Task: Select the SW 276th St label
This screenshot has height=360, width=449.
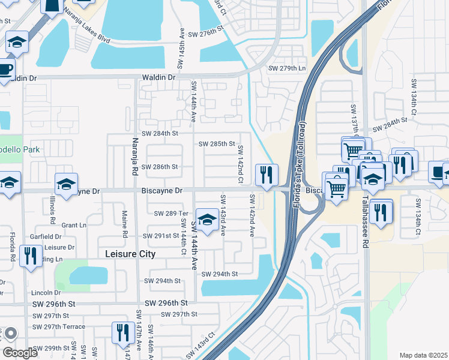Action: point(201,35)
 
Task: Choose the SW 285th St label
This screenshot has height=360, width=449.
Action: point(217,144)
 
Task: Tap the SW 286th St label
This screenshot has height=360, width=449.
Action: point(159,167)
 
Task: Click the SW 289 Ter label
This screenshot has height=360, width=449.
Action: point(171,214)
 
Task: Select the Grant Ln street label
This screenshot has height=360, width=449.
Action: point(74,226)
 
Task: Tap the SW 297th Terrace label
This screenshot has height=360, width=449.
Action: point(60,327)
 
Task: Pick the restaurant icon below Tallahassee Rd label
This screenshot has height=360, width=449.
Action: point(381,212)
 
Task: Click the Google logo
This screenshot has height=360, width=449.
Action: point(20,353)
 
